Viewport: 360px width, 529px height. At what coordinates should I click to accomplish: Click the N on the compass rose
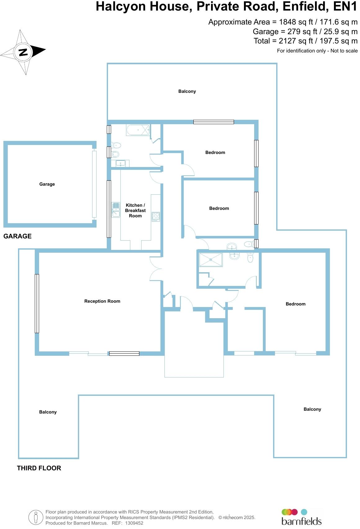point(23,52)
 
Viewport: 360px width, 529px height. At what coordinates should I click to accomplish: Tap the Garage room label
point(47,184)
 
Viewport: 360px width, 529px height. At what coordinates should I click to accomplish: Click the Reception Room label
point(102,301)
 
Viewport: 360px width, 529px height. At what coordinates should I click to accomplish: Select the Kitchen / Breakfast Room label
point(135,210)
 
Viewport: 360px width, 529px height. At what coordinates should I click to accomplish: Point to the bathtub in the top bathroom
point(138,130)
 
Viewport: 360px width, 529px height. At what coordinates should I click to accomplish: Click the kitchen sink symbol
point(115,210)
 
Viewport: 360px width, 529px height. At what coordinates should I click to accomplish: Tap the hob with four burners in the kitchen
point(155,216)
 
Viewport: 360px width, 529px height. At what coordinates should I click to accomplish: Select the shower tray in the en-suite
point(211,260)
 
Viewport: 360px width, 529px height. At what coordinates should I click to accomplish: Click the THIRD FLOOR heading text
point(39,468)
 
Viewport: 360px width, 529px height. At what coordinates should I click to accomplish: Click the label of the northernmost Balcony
point(187,91)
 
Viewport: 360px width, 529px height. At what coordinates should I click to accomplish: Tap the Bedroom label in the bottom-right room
point(295,304)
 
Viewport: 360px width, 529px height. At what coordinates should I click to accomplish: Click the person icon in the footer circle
point(36,518)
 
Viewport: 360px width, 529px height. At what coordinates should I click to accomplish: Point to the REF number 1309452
point(134,523)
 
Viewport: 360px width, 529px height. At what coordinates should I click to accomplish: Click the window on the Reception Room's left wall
point(37,303)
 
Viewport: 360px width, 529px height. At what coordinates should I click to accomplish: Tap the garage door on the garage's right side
point(94,184)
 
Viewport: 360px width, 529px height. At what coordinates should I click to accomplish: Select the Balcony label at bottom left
point(48,412)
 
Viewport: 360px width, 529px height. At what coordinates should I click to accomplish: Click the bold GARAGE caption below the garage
point(17,236)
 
